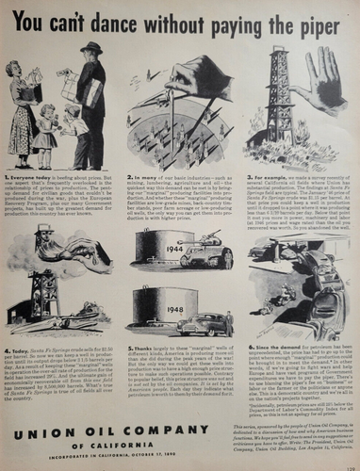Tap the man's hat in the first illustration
[x=90, y=47]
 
